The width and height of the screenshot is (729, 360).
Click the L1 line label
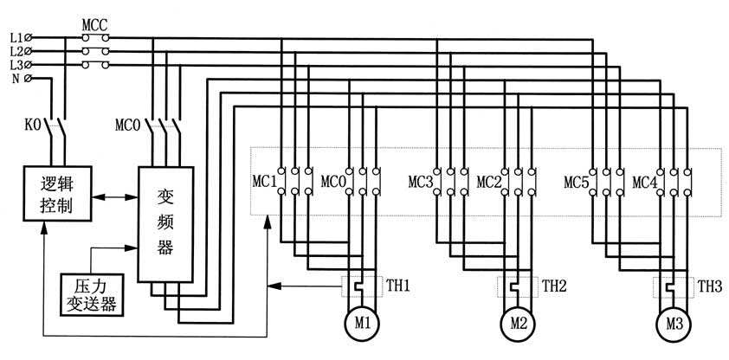[17, 38]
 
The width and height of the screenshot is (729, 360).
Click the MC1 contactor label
[263, 183]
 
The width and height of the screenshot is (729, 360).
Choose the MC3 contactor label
[421, 183]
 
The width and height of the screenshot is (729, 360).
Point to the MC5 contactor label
[577, 183]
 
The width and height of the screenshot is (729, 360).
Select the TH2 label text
[554, 284]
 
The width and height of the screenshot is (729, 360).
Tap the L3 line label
[17, 65]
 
